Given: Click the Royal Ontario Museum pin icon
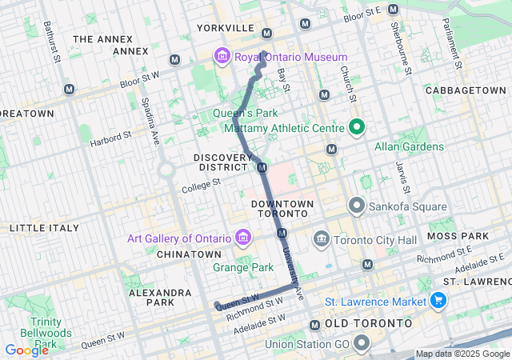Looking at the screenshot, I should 221,57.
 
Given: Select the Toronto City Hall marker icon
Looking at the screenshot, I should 322,238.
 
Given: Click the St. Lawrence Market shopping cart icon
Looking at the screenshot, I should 438,301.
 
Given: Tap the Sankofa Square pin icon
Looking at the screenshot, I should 357,206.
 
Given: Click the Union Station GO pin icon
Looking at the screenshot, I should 362,345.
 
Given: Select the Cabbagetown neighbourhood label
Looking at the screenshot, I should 466,91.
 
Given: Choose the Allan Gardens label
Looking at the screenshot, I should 409,146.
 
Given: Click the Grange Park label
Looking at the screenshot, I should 243,267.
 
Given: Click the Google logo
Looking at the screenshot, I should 26,350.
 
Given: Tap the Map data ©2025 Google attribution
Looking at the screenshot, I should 462,354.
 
